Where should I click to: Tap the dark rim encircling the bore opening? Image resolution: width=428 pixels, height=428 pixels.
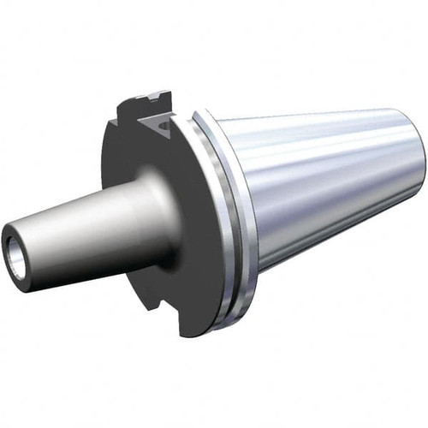9,242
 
